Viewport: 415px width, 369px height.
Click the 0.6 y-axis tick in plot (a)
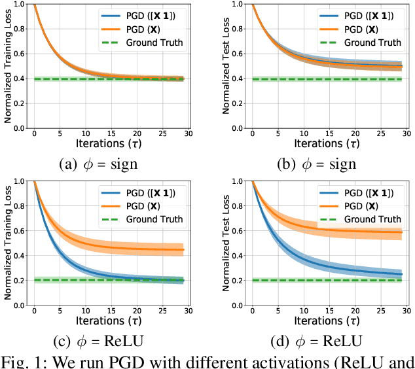coord(20,55)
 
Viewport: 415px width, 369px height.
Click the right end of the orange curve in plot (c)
coord(183,249)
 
